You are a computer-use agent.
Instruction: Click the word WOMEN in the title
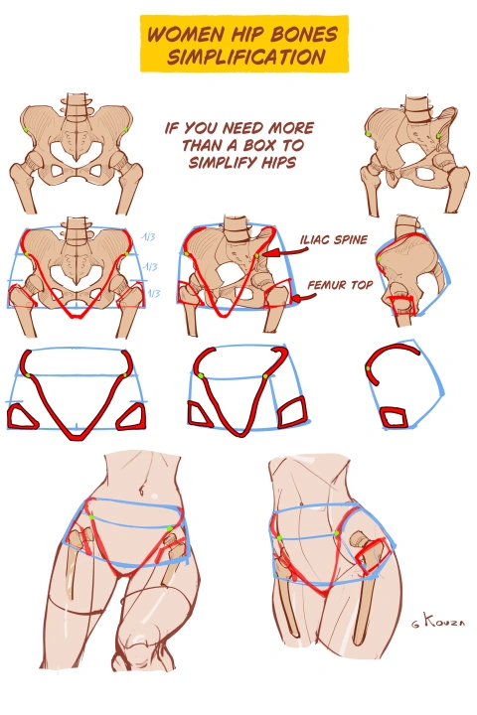click(186, 35)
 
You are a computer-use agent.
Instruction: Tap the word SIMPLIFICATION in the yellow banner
click(246, 57)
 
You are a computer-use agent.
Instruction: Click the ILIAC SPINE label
click(334, 240)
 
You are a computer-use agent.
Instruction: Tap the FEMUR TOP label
click(340, 285)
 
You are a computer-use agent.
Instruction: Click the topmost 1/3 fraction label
click(148, 236)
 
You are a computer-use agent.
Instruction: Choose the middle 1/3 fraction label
click(150, 266)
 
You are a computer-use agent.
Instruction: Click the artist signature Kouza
click(438, 620)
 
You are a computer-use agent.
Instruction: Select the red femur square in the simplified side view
click(394, 418)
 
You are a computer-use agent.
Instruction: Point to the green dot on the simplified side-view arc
click(368, 368)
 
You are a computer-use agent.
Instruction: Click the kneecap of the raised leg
click(137, 643)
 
